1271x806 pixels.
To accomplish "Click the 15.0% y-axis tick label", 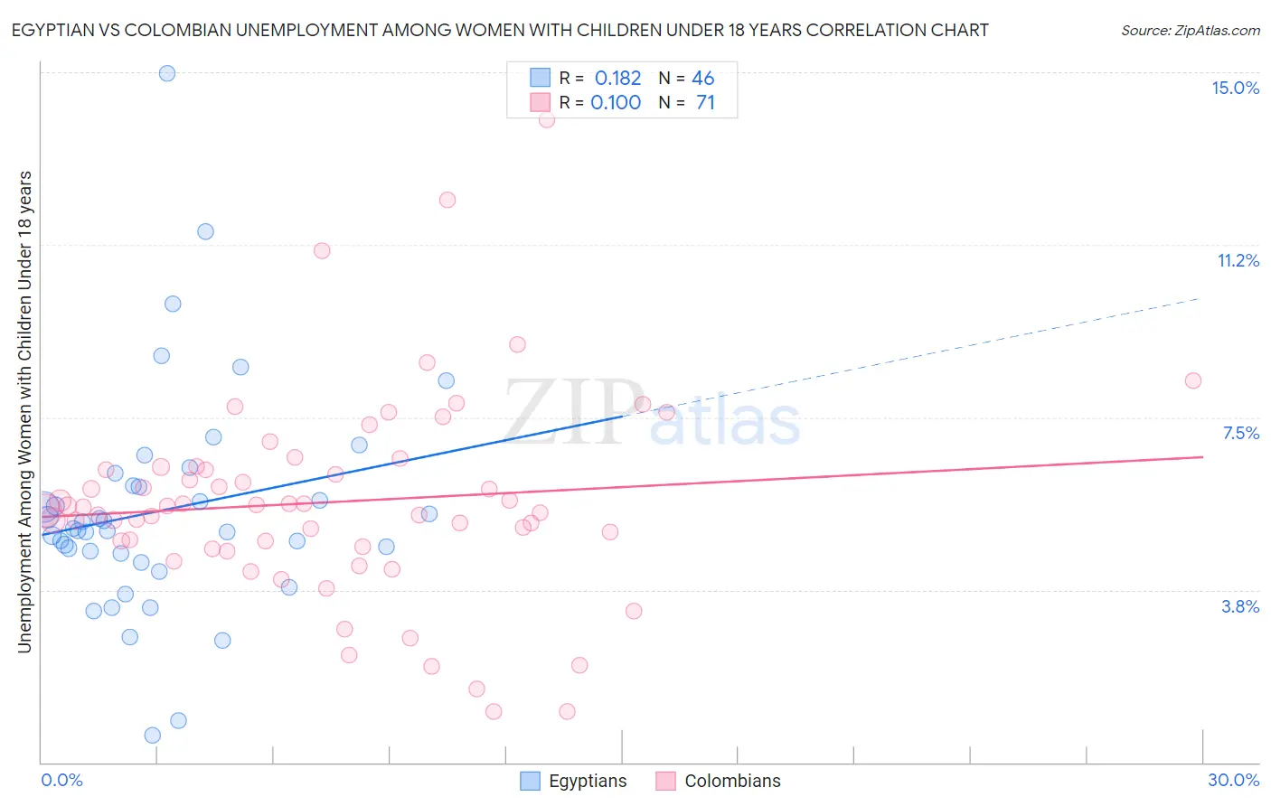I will click(1235, 88).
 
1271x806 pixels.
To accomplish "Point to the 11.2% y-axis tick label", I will click(1238, 260).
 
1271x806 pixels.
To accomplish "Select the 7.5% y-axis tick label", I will click(1240, 433).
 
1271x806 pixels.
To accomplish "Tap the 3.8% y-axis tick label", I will click(1240, 606).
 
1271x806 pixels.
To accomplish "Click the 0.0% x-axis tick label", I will click(61, 780).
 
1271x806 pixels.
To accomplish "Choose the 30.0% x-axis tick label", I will click(1233, 780).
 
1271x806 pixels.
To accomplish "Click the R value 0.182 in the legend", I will click(617, 79).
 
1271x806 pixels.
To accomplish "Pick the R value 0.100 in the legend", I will click(616, 103).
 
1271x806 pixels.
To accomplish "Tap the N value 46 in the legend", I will click(702, 79).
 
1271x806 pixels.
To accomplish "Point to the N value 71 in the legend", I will click(705, 103).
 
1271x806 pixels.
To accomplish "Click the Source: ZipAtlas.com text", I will click(1190, 30).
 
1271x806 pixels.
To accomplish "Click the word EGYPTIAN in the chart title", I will click(56, 30).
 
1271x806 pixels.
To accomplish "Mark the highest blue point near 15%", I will click(167, 73).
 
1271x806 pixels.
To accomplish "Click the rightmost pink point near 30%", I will click(1192, 380).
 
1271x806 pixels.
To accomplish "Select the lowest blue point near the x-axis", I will click(153, 736).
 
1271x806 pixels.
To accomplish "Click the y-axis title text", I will click(24, 411).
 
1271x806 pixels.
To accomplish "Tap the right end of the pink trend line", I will click(1202, 457).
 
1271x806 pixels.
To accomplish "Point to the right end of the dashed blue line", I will click(1200, 297).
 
